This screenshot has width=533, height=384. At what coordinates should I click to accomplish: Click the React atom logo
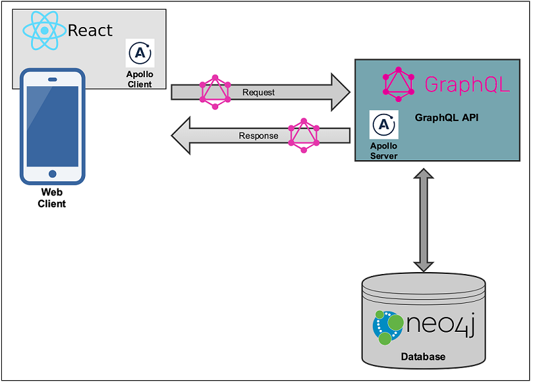point(44,30)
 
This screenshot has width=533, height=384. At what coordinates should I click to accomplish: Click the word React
point(90,30)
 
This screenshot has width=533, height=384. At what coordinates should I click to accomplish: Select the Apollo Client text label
point(140,79)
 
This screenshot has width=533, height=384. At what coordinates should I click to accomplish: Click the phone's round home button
point(52,174)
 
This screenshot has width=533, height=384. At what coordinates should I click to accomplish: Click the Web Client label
point(52,198)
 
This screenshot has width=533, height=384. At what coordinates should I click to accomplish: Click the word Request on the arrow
point(258,93)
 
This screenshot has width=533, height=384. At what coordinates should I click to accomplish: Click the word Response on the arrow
point(258,136)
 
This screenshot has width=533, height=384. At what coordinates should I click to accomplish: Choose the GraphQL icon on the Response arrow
point(303,134)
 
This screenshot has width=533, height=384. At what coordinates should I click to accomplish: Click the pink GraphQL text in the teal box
point(467,84)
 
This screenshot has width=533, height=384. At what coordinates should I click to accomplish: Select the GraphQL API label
point(446,118)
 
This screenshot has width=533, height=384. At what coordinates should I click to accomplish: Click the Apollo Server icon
point(384,125)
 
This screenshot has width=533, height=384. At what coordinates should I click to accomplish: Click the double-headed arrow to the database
point(423,220)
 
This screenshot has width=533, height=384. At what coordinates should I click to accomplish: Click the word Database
point(423,356)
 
